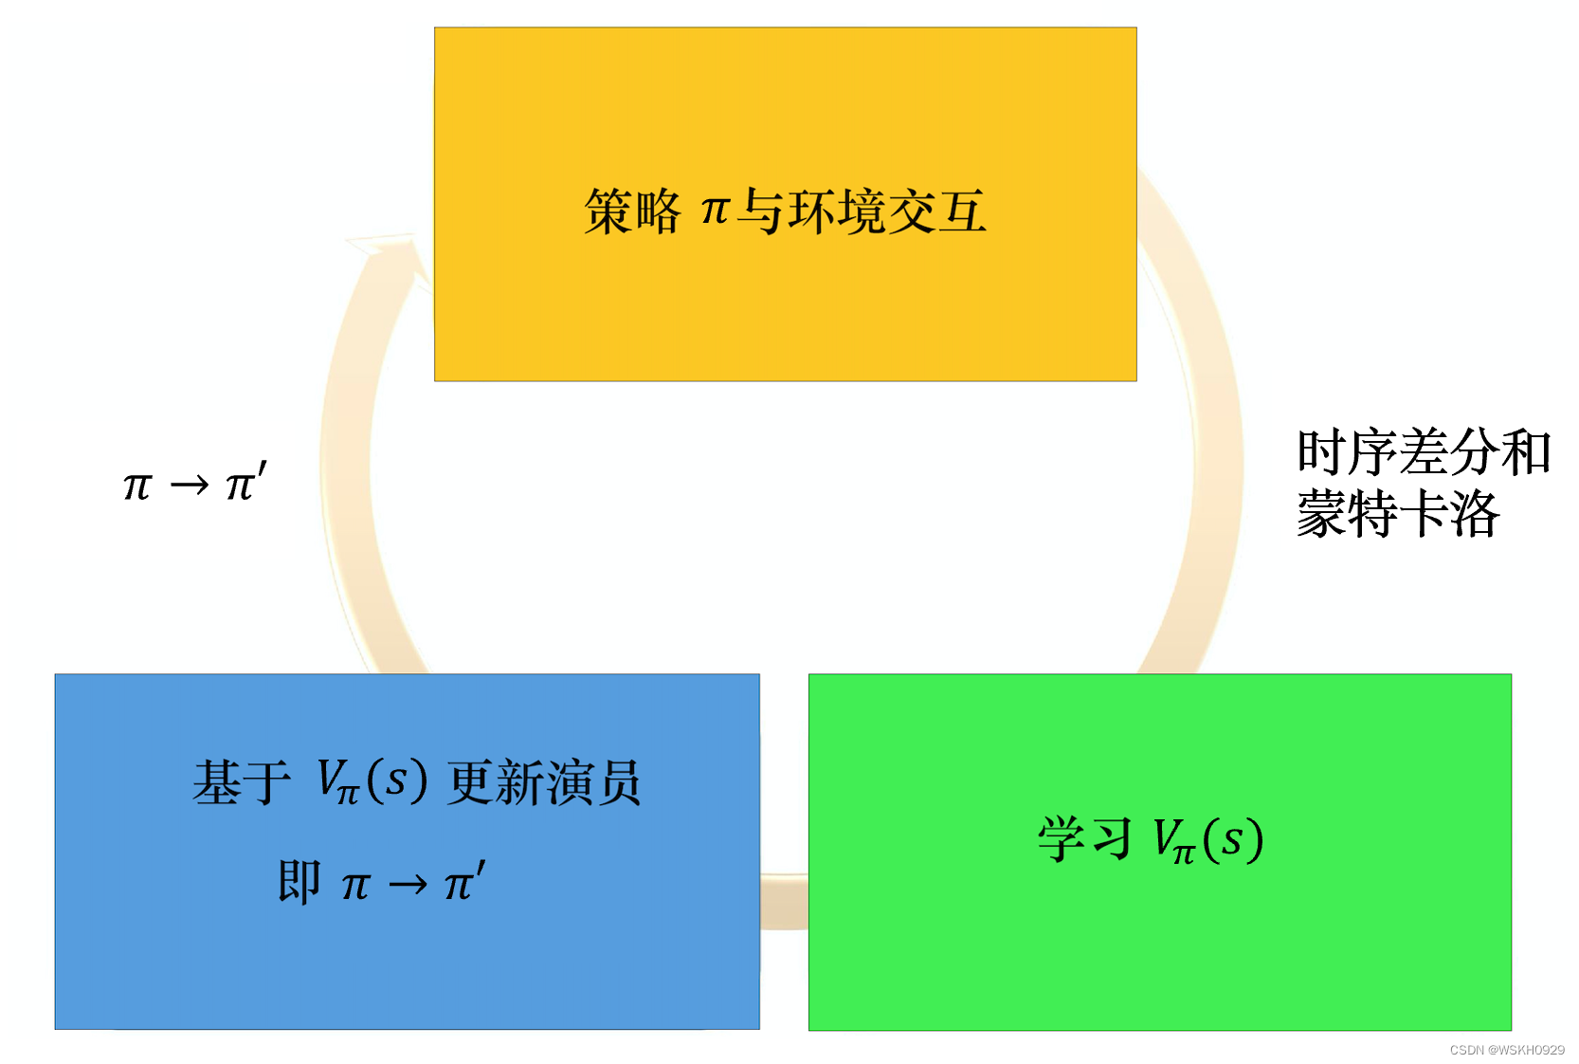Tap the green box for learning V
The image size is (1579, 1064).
coord(1159,948)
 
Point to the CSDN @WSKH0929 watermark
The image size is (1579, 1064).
coord(1507,1050)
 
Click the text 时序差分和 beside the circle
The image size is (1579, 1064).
coord(1423,452)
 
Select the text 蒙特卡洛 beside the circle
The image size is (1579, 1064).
coord(1397,515)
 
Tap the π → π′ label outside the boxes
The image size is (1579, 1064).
coord(195,483)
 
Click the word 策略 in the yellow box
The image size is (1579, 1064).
coord(632,211)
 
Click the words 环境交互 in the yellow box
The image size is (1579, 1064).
coord(887,211)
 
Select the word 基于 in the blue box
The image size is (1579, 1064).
coord(241,782)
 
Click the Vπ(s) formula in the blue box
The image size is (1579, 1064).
coord(371,782)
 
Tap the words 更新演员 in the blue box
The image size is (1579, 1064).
coord(544,782)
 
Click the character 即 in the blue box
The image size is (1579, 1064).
coord(299,882)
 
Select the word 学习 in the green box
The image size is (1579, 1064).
coord(1084,839)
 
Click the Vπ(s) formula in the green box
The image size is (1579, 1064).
coord(1207,840)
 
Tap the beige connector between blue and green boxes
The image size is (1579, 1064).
coord(784,902)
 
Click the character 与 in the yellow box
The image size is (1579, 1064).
coord(760,211)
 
